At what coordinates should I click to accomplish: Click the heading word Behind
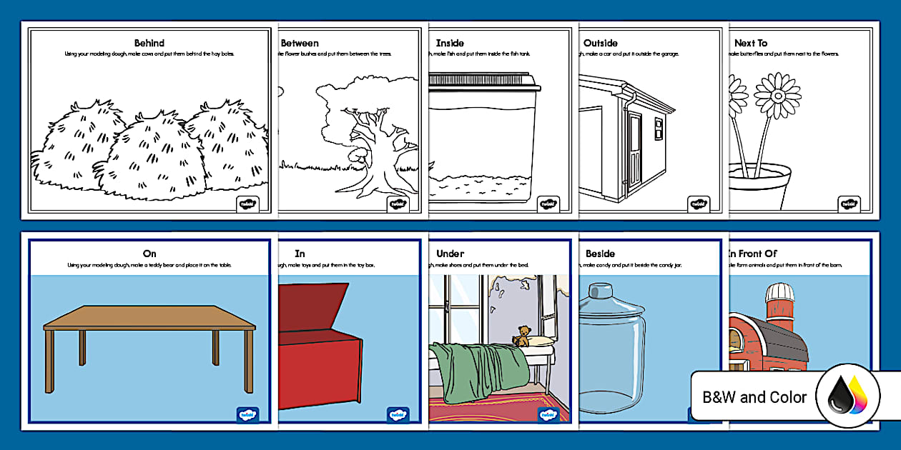[x=149, y=43]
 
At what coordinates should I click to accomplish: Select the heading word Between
[x=300, y=43]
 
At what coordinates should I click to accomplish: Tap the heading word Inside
[x=450, y=43]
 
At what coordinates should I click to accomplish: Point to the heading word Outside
[x=601, y=43]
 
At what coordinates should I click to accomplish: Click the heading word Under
[x=450, y=254]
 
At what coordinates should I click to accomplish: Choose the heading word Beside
[x=600, y=254]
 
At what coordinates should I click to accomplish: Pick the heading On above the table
[x=149, y=254]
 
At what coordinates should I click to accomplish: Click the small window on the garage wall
[x=659, y=129]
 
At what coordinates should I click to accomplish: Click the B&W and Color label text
[x=754, y=397]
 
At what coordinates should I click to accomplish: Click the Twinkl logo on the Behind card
[x=245, y=204]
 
